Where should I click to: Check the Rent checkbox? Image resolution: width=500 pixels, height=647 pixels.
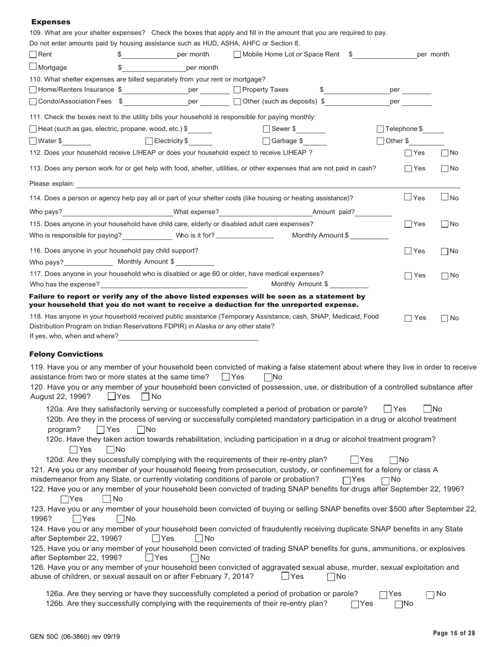click(x=33, y=54)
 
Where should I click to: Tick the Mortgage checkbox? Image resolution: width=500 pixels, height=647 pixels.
click(x=33, y=67)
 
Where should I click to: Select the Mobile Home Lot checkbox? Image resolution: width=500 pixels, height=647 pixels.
click(x=237, y=54)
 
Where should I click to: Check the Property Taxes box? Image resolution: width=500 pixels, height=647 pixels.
click(x=237, y=89)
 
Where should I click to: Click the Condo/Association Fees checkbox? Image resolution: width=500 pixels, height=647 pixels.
click(x=33, y=102)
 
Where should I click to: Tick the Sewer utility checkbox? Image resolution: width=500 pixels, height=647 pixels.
click(x=267, y=129)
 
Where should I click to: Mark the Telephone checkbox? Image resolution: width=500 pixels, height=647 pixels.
click(x=381, y=129)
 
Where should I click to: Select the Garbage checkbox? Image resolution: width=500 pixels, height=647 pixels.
click(x=267, y=141)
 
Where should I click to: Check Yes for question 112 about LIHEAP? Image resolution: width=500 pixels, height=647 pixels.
click(x=408, y=153)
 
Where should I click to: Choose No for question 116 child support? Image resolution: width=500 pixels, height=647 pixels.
click(x=444, y=251)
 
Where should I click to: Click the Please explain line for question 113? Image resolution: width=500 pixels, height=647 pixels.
click(x=268, y=184)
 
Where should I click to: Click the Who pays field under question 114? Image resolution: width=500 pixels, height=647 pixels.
click(x=117, y=212)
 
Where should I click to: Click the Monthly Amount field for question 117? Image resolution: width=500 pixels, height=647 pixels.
click(x=349, y=285)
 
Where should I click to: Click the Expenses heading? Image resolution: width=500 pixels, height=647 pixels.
click(x=51, y=22)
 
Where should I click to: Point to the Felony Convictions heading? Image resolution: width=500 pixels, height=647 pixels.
click(x=66, y=354)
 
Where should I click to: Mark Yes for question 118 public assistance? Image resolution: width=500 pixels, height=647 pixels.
click(x=408, y=318)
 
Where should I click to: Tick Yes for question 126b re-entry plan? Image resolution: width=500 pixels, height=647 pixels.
click(x=355, y=604)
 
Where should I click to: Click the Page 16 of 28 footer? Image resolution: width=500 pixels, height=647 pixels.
click(x=454, y=633)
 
